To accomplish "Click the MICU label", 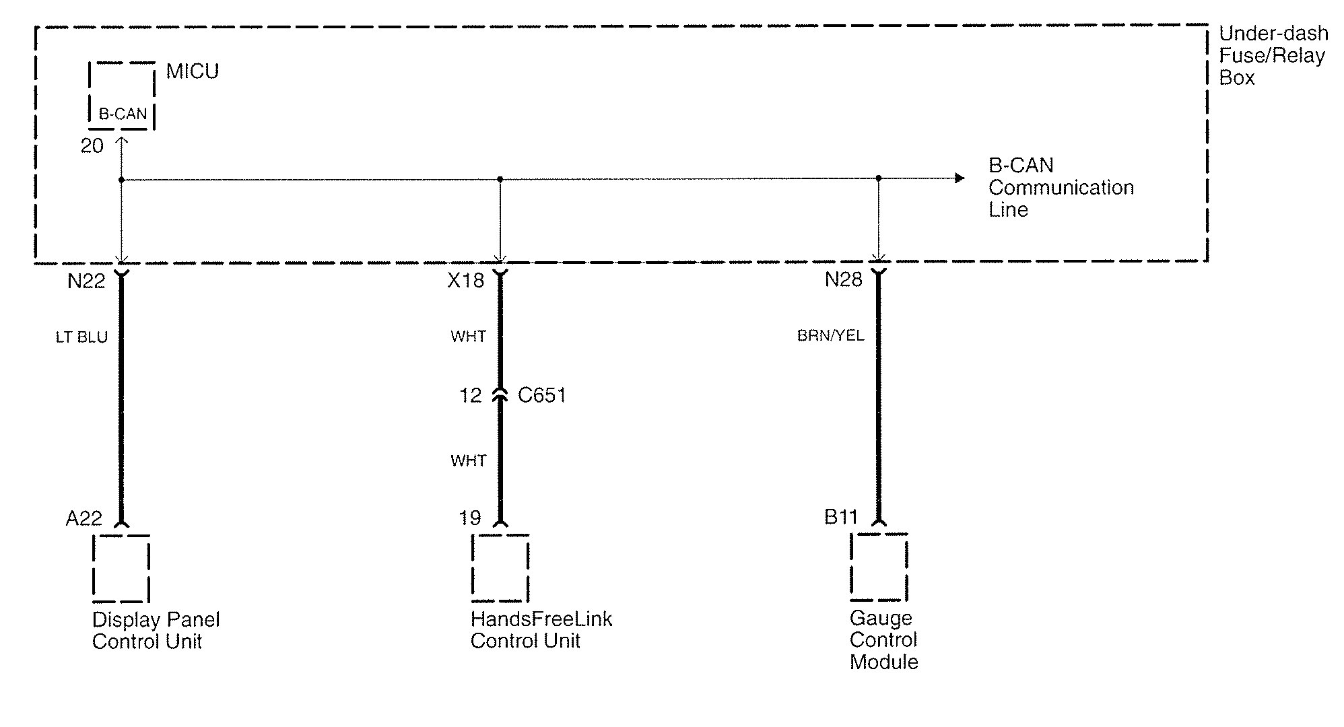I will (193, 71).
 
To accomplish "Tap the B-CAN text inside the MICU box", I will (123, 114).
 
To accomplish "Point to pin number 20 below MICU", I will (92, 146).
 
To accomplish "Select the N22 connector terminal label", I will (86, 281).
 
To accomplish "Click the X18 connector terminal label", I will (466, 281).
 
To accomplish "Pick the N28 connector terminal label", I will (844, 280).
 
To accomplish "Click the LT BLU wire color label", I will (81, 337).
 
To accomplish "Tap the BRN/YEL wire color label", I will (830, 335).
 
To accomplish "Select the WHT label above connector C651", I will (469, 337).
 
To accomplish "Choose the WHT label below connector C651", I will (469, 461).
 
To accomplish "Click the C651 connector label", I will (542, 395).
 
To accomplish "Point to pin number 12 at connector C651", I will (471, 396).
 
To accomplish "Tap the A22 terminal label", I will (84, 518).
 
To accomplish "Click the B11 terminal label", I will (841, 517).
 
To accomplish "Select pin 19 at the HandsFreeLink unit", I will (470, 518).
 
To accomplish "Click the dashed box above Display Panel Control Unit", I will (121, 568).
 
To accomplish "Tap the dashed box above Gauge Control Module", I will (879, 567).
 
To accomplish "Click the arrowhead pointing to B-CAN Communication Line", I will (960, 178).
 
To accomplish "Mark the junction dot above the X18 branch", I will (500, 179).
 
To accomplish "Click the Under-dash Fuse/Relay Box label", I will (1273, 55).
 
